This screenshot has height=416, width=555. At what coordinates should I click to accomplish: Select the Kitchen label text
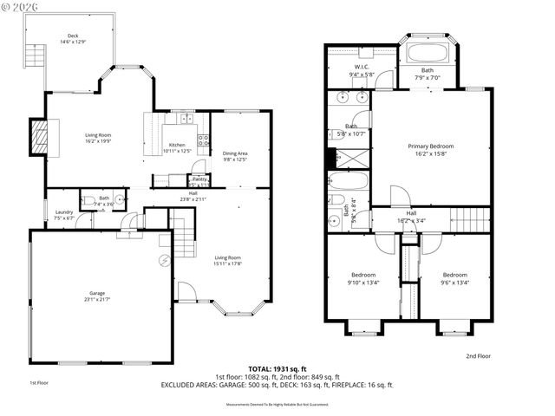coord(177,147)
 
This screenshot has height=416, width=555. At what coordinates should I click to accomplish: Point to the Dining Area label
coord(235,157)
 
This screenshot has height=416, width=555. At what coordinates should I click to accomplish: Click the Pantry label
coord(199,180)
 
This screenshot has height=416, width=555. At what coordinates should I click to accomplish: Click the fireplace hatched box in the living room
coord(40,136)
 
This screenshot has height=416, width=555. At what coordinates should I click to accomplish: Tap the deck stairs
coord(34,58)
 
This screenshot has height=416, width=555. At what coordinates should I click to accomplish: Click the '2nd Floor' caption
coord(478,356)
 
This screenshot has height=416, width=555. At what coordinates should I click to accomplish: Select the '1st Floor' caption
coord(38,382)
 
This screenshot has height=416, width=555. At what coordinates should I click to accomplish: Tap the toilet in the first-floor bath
coord(88,201)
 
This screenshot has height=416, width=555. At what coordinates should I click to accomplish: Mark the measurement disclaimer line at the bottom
coord(277,404)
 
